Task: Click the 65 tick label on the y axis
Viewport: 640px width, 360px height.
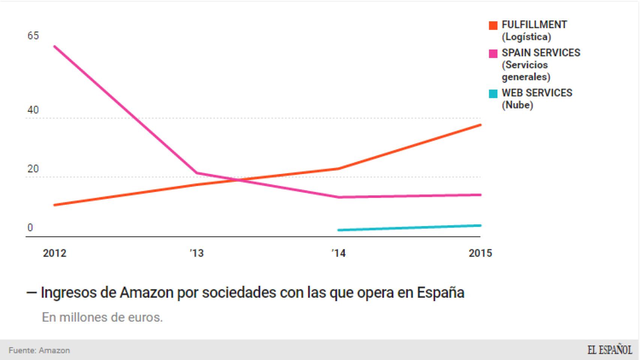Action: pos(33,36)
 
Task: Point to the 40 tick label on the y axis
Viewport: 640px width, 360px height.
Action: pos(33,110)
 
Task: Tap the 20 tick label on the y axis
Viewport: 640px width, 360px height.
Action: pos(33,169)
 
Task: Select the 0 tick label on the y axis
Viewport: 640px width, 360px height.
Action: pos(30,228)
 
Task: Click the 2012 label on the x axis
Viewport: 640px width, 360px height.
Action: pos(54,253)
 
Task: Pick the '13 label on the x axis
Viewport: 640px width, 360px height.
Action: pos(197,253)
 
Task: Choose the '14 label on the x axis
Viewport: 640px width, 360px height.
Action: pos(338,253)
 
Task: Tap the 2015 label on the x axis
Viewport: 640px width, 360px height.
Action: pos(480,253)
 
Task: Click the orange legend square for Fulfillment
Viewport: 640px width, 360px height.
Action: pos(493,25)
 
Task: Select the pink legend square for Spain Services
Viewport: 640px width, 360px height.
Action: pos(493,54)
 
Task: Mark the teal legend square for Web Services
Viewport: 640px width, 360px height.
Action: pos(493,94)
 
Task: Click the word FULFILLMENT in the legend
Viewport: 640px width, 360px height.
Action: pos(534,25)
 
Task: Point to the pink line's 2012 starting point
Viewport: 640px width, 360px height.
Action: pos(55,46)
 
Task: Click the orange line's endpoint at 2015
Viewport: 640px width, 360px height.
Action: pos(480,125)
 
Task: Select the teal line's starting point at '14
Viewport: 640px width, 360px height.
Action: pos(339,230)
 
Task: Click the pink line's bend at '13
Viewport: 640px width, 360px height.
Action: pos(197,173)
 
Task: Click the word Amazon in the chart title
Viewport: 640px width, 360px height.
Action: pos(147,292)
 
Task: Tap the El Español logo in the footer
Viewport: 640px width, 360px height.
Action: pos(609,350)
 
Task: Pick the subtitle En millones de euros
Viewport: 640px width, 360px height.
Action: pos(102,317)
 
